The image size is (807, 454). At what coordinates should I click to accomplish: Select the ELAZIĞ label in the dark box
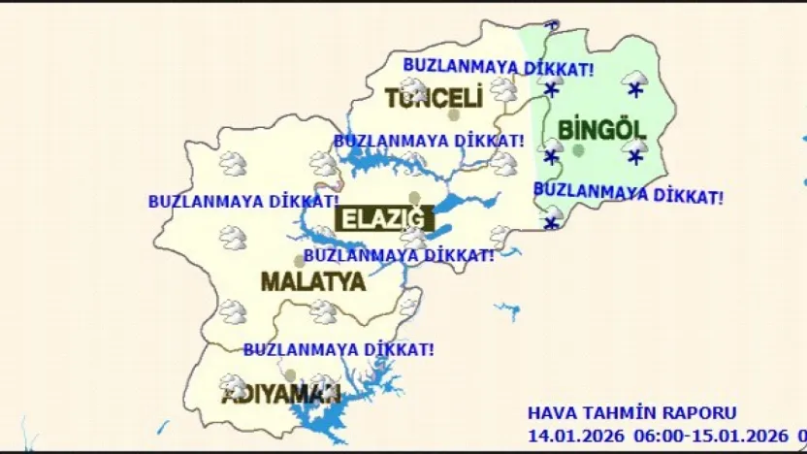point(382,219)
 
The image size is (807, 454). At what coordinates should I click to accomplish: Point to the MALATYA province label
point(313,282)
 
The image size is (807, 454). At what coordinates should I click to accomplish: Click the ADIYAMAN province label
point(281,396)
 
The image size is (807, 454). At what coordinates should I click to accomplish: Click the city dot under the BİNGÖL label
point(579,150)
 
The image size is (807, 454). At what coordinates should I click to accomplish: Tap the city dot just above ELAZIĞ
point(414,198)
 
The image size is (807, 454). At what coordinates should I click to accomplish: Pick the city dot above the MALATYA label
point(300,260)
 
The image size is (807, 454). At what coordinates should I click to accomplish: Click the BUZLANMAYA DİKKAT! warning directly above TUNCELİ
point(499,67)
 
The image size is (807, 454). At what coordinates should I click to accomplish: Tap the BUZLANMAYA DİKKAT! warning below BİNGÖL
point(629,193)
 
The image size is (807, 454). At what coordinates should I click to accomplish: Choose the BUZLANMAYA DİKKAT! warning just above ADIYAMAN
point(339,348)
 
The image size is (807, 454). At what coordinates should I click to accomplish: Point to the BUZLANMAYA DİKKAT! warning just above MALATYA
point(399,255)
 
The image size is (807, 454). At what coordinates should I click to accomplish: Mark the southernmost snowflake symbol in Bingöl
point(552,223)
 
